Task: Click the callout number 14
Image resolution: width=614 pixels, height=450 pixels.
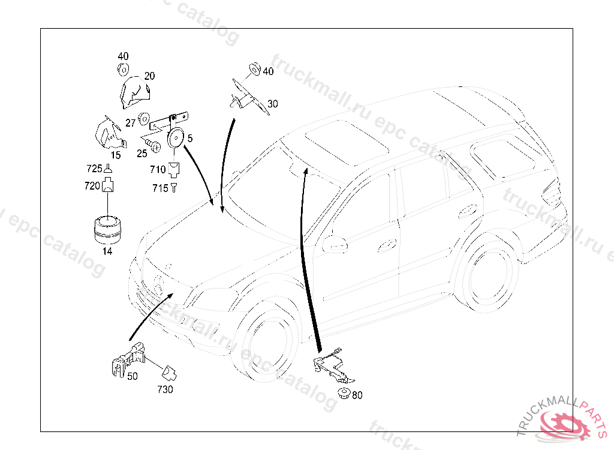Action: coord(107,251)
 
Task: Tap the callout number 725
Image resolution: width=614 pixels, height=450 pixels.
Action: coord(95,169)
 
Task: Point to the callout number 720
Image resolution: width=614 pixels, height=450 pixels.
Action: coord(92,186)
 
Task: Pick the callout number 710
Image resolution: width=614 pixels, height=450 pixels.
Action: coord(158,170)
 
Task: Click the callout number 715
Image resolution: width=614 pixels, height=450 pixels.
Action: coord(160,188)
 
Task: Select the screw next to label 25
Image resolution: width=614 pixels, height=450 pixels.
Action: coord(153,145)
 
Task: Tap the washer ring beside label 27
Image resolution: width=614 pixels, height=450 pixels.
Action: coord(144,118)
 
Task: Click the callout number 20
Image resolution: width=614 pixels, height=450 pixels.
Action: coord(149,76)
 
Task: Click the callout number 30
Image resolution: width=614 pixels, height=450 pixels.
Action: coord(273,104)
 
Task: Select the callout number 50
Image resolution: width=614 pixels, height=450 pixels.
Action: coord(132,376)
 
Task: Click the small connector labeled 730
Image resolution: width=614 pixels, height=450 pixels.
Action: coord(171,374)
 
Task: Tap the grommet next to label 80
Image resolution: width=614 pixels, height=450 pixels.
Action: coord(344,394)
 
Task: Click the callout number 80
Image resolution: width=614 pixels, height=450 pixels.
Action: coord(357,395)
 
